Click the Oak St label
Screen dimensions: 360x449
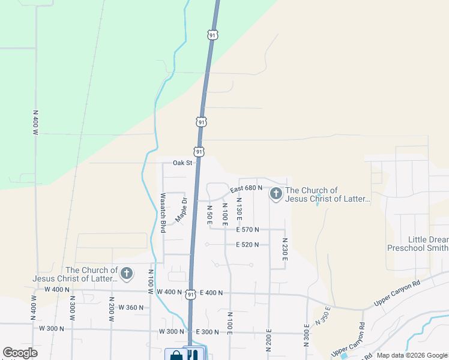click(182, 163)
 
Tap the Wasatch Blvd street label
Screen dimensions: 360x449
click(163, 213)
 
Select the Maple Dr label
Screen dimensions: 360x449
click(181, 209)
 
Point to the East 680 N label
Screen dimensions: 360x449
click(247, 188)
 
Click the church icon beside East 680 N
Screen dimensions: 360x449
click(276, 193)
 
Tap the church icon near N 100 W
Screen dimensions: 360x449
click(126, 274)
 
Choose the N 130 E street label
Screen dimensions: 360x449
click(239, 208)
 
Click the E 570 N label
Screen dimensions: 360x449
click(247, 229)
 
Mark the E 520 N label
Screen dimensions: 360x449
click(247, 245)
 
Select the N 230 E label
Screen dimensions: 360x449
click(285, 248)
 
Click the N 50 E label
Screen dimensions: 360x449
click(209, 215)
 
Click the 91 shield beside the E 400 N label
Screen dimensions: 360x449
click(190, 294)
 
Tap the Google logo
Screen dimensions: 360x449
click(20, 353)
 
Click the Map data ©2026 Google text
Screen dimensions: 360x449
click(411, 355)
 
